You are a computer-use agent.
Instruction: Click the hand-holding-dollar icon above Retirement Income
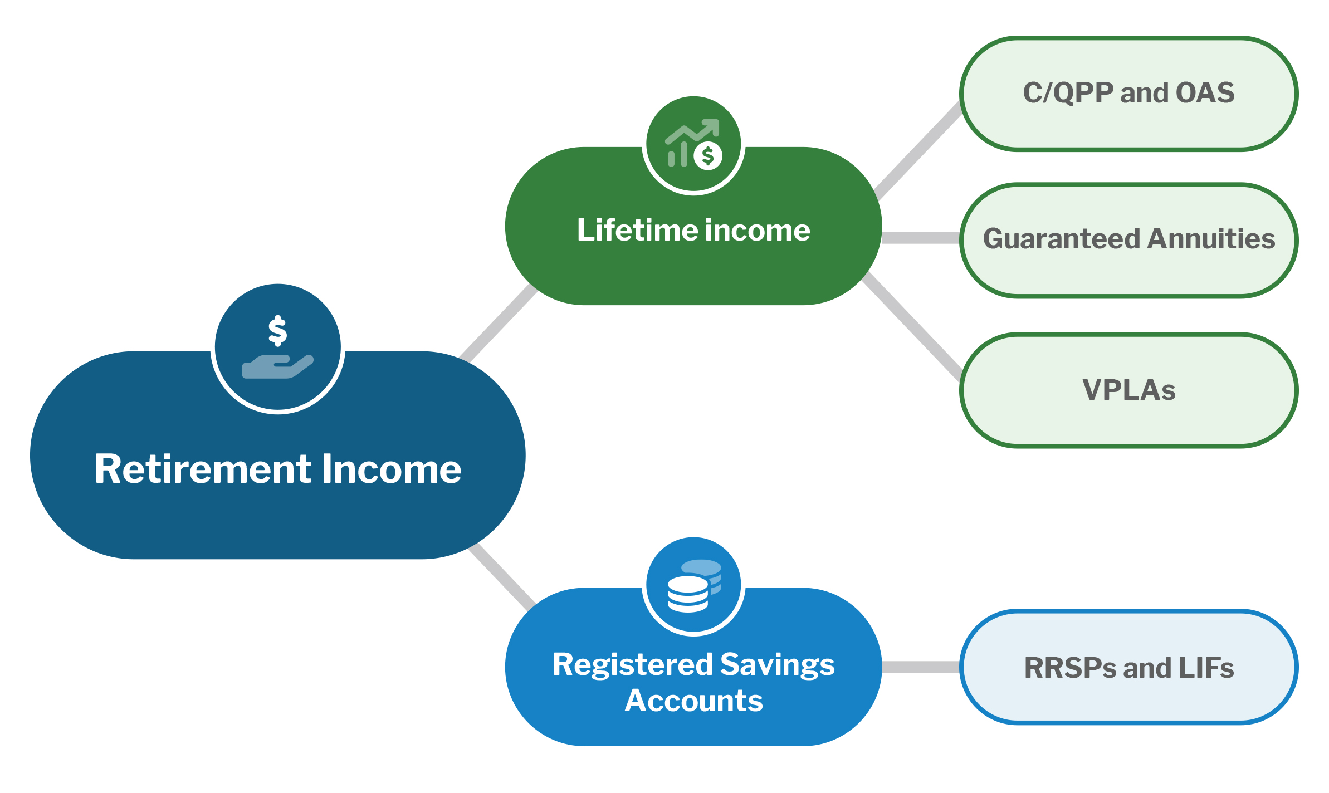point(278,347)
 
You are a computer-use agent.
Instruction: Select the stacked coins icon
point(694,585)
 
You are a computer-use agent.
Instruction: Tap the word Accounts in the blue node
point(693,701)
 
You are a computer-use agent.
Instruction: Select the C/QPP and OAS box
point(1128,94)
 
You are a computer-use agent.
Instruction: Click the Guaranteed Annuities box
point(1128,240)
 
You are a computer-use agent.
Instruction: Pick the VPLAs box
point(1128,390)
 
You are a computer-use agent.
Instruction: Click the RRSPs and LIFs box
point(1128,667)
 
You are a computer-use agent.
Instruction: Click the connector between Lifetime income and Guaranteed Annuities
point(921,238)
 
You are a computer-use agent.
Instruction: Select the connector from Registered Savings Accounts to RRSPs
point(921,667)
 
